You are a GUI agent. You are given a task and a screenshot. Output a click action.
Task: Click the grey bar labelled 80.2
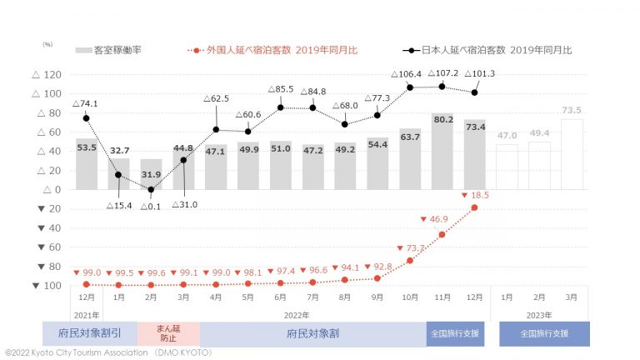442,151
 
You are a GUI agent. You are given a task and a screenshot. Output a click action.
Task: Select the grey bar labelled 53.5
86,164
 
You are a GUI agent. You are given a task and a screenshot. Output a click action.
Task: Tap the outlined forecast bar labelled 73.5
572,154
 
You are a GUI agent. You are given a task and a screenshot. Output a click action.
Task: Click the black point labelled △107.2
442,87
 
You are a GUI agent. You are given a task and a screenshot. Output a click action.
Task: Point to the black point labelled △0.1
151,189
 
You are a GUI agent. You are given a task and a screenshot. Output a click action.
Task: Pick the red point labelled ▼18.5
474,207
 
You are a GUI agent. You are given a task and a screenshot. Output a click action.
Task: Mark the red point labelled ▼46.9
442,234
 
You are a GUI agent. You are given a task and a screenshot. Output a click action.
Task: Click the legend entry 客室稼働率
108,50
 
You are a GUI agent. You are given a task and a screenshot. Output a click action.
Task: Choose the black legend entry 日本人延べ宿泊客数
495,50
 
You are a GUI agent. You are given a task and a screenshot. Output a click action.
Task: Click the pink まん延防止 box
167,332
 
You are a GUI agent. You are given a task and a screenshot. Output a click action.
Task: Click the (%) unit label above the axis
47,43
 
